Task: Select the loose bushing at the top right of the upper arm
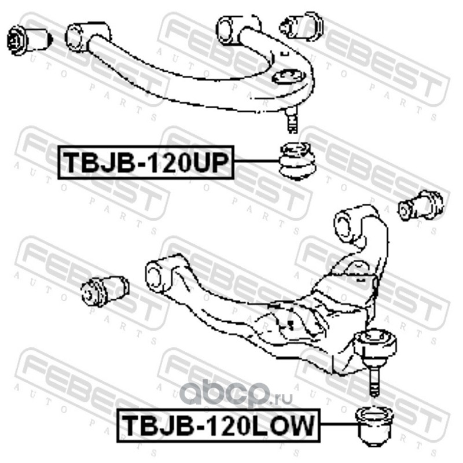point(302,26)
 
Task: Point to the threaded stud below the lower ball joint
point(374,379)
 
